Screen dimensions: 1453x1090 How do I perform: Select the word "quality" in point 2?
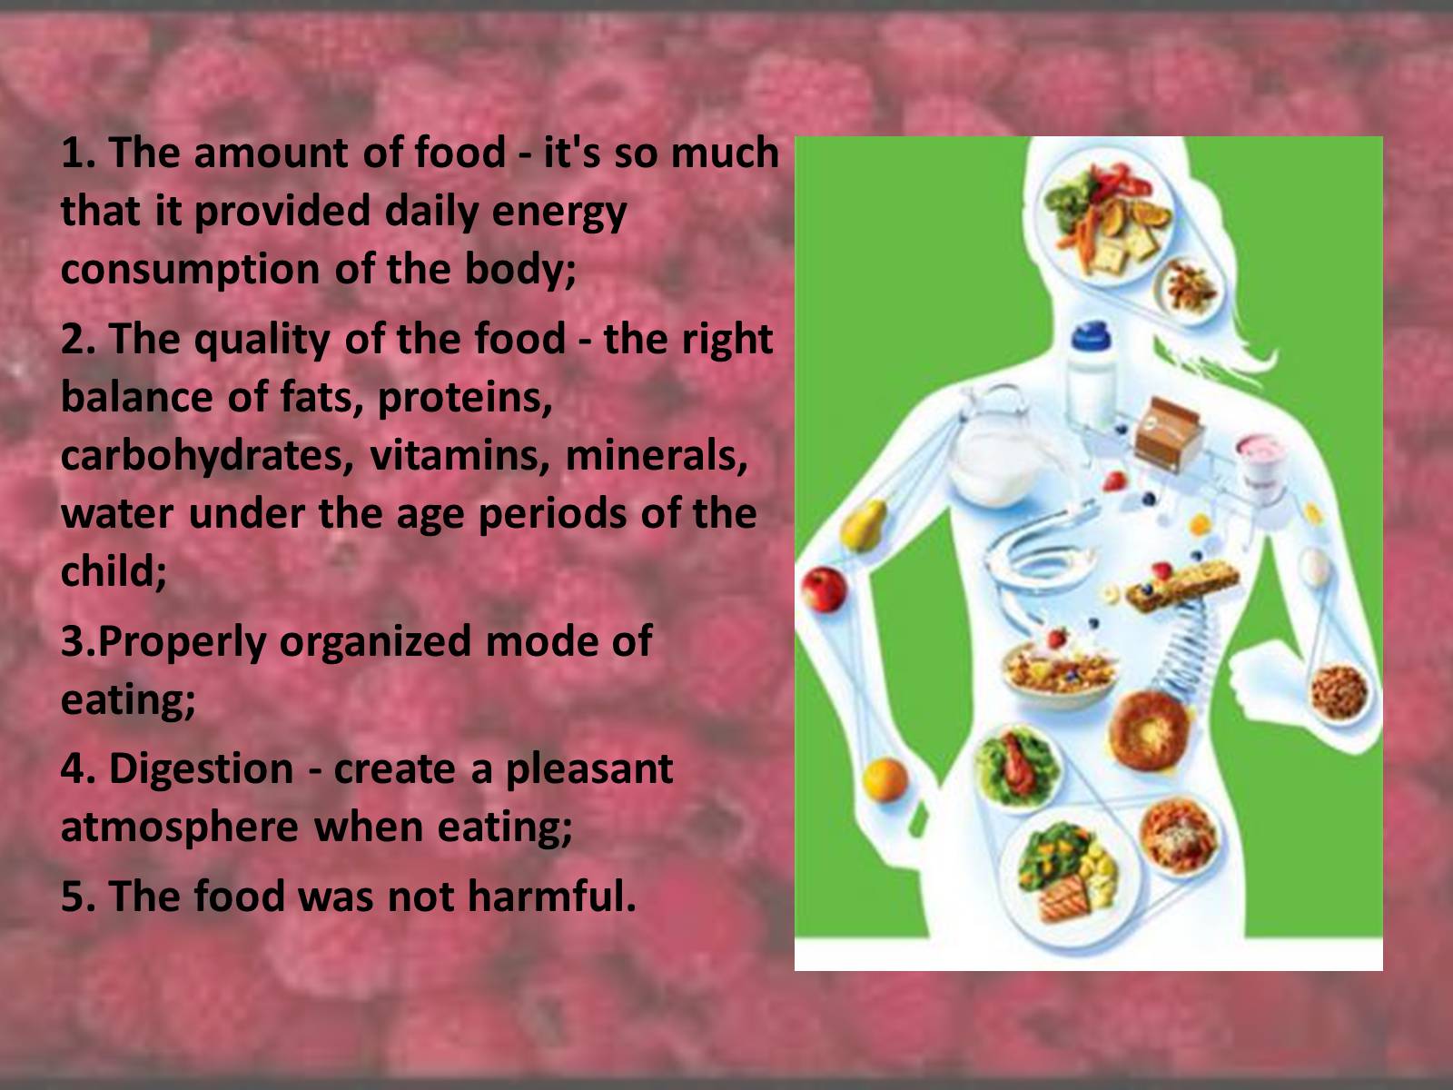point(262,341)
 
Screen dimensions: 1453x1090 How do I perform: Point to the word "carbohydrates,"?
point(206,457)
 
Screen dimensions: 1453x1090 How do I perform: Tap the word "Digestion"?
point(202,770)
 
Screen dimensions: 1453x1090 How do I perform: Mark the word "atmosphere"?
point(180,827)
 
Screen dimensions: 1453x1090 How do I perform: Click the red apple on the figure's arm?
point(824,589)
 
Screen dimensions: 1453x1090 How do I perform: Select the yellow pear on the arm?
point(864,526)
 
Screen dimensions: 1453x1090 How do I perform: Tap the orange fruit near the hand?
point(885,779)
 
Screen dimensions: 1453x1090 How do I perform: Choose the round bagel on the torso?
point(1149,731)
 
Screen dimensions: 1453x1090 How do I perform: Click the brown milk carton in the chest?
point(1167,434)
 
